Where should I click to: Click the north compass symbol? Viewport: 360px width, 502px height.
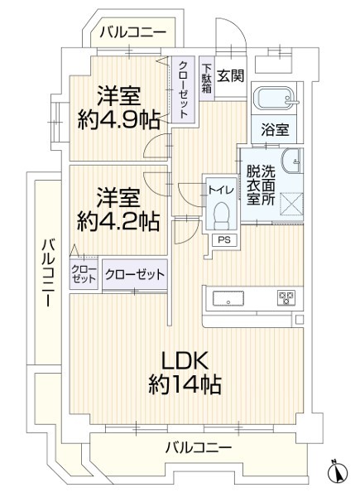point(338,471)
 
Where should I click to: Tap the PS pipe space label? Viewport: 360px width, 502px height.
point(224,239)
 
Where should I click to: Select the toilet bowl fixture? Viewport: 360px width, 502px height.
point(221,215)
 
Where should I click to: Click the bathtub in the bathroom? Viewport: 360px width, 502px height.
point(275,97)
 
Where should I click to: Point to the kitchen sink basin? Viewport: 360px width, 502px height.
point(228,298)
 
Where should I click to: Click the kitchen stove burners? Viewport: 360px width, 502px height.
point(286,298)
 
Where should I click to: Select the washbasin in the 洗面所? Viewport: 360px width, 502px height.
point(291,161)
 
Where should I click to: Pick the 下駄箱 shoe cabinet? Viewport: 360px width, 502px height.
point(207,79)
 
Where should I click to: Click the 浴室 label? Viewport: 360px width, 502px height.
point(275,130)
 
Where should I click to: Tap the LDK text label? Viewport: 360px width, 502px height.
point(185,360)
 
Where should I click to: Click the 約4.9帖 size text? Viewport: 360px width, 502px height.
point(118,120)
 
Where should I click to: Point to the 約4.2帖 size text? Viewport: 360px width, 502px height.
point(118,221)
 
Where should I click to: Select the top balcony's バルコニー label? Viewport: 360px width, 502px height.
point(133,32)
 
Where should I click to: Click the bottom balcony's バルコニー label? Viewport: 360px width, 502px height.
point(199,447)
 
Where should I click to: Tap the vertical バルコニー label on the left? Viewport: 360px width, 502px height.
point(48,273)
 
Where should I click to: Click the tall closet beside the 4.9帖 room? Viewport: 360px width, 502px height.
point(183,89)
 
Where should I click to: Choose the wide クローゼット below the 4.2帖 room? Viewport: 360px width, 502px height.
point(135,274)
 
